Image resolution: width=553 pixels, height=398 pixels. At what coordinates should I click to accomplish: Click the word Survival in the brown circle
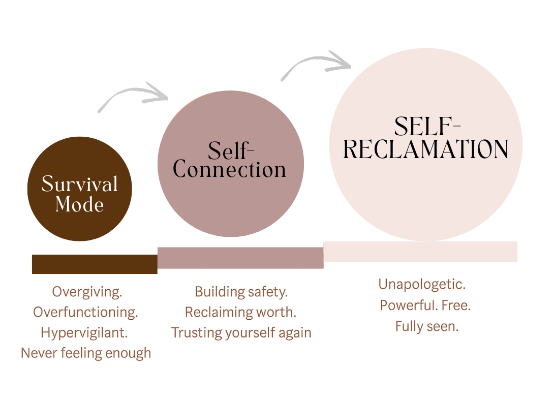pos(80,184)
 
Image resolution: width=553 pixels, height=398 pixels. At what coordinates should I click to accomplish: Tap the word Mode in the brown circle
pos(80,204)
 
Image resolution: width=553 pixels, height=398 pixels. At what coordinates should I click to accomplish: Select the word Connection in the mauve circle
pos(230,170)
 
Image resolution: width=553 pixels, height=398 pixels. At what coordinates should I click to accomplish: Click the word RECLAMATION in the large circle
pos(426,149)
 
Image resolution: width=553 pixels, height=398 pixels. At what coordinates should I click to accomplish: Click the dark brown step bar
pos(95,264)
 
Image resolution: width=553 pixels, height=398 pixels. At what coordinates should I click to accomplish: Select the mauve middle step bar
pos(240,258)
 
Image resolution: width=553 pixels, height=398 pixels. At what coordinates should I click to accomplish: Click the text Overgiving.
pos(87,292)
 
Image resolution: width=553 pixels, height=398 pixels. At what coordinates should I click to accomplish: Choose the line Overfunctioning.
pos(85,312)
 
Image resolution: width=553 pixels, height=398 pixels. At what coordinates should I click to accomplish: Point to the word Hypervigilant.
pos(84,332)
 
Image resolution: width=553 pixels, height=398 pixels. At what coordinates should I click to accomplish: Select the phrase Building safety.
pos(241,292)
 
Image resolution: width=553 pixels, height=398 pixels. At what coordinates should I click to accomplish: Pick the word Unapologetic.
pos(422,285)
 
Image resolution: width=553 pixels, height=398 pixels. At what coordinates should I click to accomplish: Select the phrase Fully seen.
pos(426,326)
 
